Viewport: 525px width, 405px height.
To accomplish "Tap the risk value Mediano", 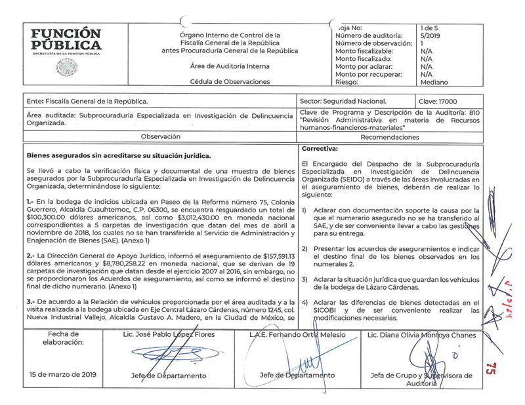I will [x=434, y=83].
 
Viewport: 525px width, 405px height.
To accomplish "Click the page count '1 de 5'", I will [x=430, y=28].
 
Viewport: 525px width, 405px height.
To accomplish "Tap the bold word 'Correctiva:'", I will [x=320, y=149].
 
